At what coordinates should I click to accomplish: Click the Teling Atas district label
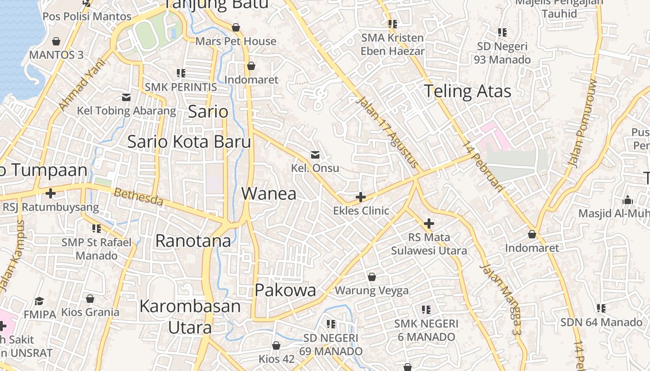(467, 91)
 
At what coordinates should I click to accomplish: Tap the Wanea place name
(269, 193)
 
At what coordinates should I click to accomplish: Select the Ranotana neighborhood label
(193, 241)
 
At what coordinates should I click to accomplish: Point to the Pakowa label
(286, 290)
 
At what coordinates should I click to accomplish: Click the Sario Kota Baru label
(189, 142)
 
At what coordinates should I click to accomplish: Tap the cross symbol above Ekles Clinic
(360, 198)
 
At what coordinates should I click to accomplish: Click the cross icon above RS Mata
(429, 224)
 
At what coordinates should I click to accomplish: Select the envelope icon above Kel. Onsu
(315, 154)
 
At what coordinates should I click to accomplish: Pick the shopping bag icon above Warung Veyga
(371, 277)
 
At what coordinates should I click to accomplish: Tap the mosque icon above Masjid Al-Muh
(628, 200)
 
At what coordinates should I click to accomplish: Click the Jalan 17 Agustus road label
(388, 133)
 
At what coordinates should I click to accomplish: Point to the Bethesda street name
(139, 197)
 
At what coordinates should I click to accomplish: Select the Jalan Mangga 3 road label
(501, 299)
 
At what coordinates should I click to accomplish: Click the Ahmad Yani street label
(80, 88)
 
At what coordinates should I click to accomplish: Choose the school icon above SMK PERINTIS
(181, 73)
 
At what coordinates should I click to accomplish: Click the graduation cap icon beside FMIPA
(39, 301)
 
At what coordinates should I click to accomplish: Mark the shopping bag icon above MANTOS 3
(56, 41)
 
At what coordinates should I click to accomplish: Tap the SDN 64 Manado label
(601, 322)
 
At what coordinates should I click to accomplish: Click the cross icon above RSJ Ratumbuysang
(51, 193)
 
